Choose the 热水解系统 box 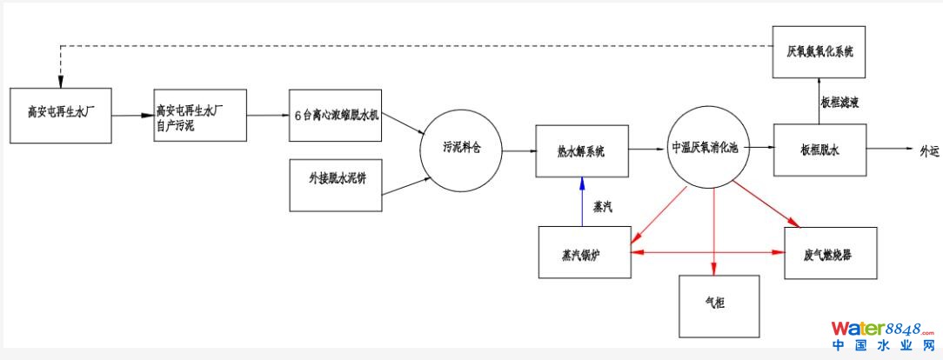pyautogui.click(x=580, y=150)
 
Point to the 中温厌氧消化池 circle pyautogui.click(x=705, y=148)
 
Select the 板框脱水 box pyautogui.click(x=819, y=149)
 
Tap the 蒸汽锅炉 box pyautogui.click(x=585, y=253)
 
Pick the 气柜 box pyautogui.click(x=719, y=305)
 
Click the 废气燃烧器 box pyautogui.click(x=830, y=253)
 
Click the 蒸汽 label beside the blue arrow pyautogui.click(x=605, y=207)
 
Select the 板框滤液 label pyautogui.click(x=839, y=102)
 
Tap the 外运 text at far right pyautogui.click(x=930, y=150)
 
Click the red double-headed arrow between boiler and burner pyautogui.click(x=707, y=253)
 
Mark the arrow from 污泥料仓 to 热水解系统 pyautogui.click(x=518, y=150)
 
